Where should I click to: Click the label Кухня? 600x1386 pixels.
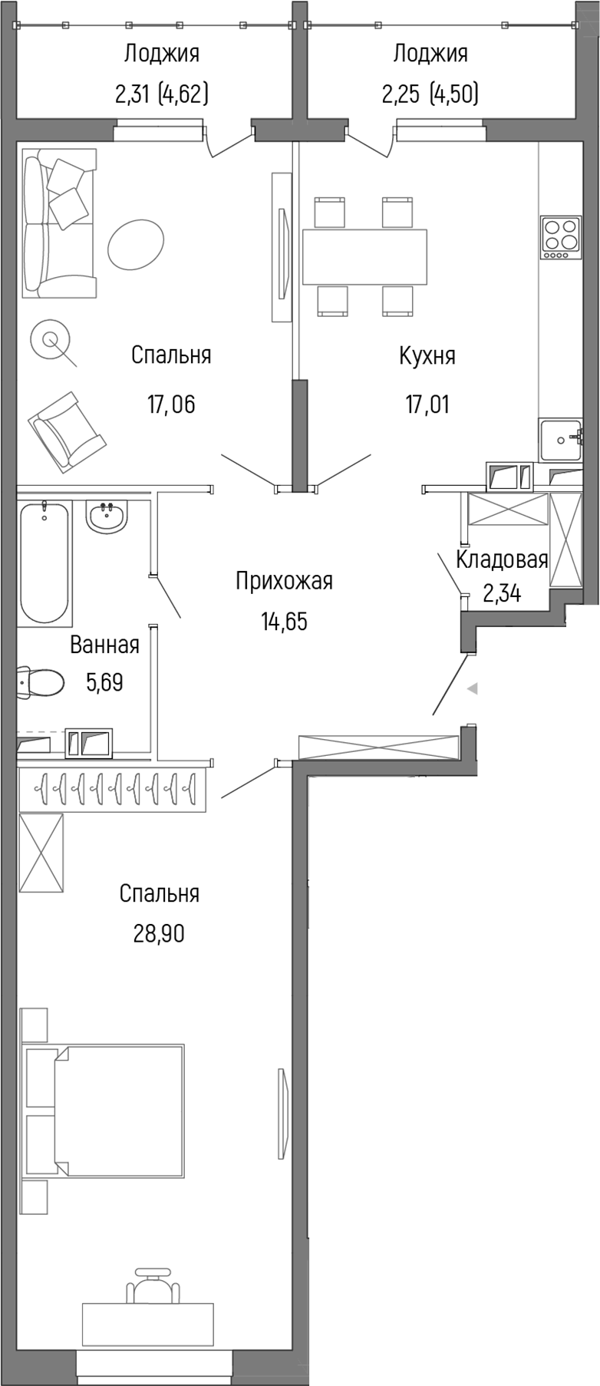click(427, 356)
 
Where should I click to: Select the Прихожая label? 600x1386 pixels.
click(284, 581)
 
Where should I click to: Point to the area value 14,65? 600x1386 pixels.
click(284, 621)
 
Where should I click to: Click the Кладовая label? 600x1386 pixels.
click(502, 559)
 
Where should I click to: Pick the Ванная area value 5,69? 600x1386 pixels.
click(104, 681)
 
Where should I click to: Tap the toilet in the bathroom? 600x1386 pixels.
click(41, 681)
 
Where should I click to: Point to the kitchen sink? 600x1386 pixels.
click(564, 440)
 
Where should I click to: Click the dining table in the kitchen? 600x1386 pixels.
click(364, 256)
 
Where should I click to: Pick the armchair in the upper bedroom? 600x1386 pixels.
click(66, 431)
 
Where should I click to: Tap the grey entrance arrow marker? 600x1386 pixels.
click(473, 688)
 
